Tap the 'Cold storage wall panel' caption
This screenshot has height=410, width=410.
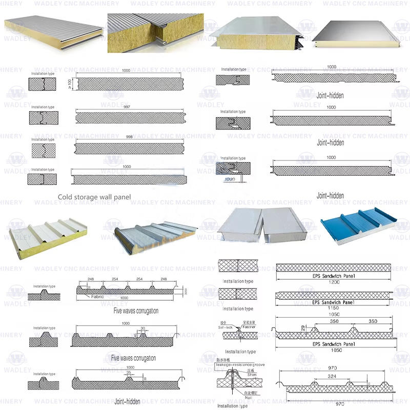coord(94,197)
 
